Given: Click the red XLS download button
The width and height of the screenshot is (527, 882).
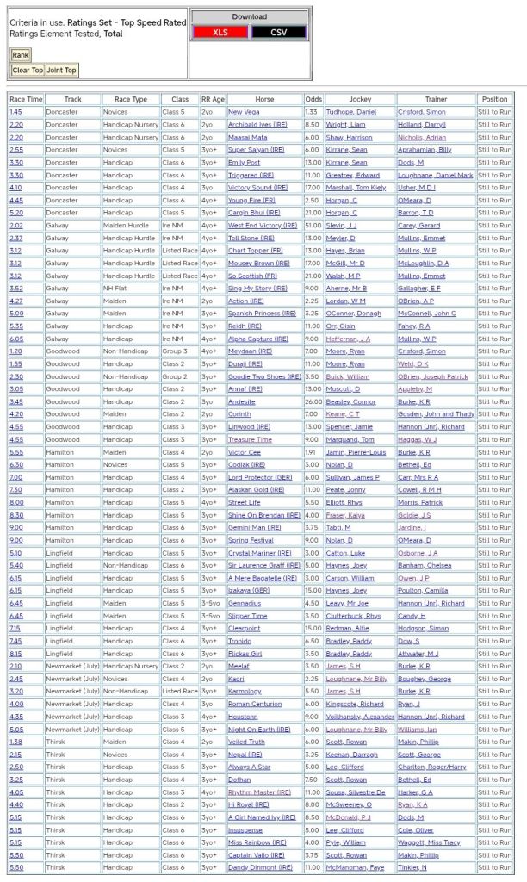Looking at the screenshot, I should pyautogui.click(x=220, y=32).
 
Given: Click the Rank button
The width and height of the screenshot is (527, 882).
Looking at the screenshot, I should pyautogui.click(x=20, y=55).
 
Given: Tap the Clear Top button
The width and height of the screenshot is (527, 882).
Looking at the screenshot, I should pyautogui.click(x=28, y=71).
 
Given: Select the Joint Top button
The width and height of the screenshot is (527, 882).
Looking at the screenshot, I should pyautogui.click(x=61, y=71).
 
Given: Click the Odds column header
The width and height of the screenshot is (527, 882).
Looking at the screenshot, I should pyautogui.click(x=313, y=99).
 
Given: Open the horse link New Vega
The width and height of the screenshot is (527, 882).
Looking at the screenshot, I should pyautogui.click(x=244, y=112).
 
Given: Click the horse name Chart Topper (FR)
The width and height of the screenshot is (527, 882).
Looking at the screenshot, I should pyautogui.click(x=255, y=250).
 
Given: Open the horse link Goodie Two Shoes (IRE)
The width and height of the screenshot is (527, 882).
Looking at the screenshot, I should pyautogui.click(x=263, y=376).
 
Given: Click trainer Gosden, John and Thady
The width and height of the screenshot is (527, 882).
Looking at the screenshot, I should pyautogui.click(x=435, y=413).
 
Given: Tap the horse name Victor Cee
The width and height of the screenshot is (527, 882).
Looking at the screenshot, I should pyautogui.click(x=245, y=451).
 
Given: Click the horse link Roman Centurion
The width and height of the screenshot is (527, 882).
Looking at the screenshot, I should pyautogui.click(x=256, y=703).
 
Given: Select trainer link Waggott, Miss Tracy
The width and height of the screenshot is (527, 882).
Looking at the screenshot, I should pyautogui.click(x=429, y=842).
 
